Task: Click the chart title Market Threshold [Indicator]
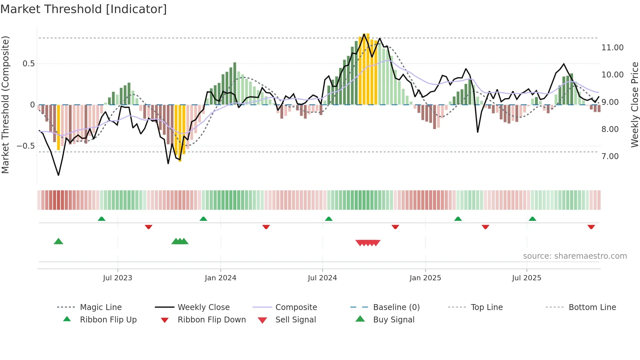(x=84, y=9)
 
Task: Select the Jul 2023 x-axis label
(x=118, y=278)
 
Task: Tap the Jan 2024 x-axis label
(x=220, y=278)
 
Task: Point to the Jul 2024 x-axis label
(x=322, y=278)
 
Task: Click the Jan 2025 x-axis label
(x=425, y=278)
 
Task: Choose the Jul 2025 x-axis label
(x=526, y=278)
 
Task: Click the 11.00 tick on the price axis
(x=612, y=48)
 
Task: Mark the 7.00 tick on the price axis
(x=610, y=156)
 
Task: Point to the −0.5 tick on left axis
(x=26, y=146)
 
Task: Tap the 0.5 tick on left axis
(x=29, y=64)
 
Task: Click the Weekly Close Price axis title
(x=634, y=105)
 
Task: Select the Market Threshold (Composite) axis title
(x=5, y=105)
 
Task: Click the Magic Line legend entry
(x=101, y=307)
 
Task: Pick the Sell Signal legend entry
(x=296, y=320)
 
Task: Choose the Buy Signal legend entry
(x=393, y=320)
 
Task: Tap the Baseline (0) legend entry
(x=396, y=307)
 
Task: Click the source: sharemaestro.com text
(x=575, y=256)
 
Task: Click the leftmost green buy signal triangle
(x=58, y=241)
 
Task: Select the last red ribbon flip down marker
(x=591, y=227)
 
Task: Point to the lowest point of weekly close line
(x=58, y=175)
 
